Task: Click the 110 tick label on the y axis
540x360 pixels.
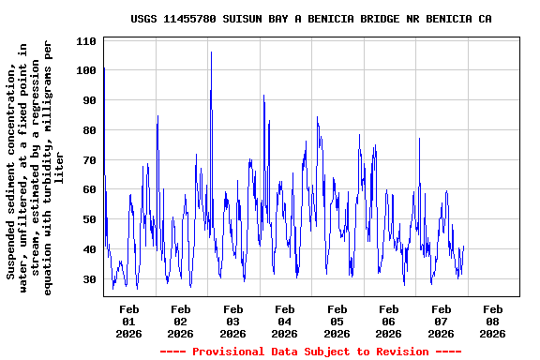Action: [86, 41]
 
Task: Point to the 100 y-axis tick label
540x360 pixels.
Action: [86, 71]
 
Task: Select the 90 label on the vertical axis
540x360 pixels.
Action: [89, 100]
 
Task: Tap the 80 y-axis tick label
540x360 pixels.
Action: [89, 130]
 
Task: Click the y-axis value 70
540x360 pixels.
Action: [89, 160]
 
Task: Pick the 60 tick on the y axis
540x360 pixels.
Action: [89, 189]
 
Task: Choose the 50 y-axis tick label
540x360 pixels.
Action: [89, 219]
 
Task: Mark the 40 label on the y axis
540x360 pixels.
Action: [89, 249]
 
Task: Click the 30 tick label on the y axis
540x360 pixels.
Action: [89, 279]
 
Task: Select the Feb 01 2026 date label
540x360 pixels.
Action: [129, 321]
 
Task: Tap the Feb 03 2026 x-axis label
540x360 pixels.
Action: [233, 321]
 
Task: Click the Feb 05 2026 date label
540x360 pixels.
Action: [337, 321]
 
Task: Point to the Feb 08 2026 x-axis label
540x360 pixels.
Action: [492, 321]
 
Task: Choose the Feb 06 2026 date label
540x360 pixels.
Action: [389, 321]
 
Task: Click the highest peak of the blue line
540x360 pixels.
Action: [211, 52]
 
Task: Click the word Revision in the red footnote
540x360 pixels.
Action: [400, 352]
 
